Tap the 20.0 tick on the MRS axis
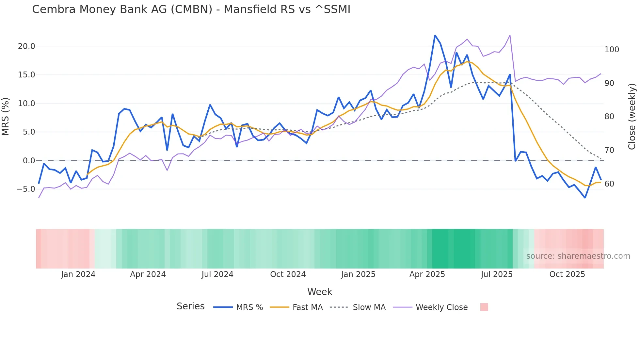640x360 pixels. point(26,46)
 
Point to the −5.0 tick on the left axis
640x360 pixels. point(26,189)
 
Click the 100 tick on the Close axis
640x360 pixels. point(612,50)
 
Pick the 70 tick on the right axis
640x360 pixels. point(609,150)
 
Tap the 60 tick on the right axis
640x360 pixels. point(609,184)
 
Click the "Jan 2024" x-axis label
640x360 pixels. point(78,274)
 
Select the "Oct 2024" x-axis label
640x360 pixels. point(288,274)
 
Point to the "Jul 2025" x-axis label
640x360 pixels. point(496,274)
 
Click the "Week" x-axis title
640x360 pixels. point(320,292)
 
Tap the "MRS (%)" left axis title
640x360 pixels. point(6,117)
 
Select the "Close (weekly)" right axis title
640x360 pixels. point(632,117)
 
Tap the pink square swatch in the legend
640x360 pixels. point(484,307)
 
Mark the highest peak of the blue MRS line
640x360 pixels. point(435,35)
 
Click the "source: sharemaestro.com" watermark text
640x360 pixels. point(578,256)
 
